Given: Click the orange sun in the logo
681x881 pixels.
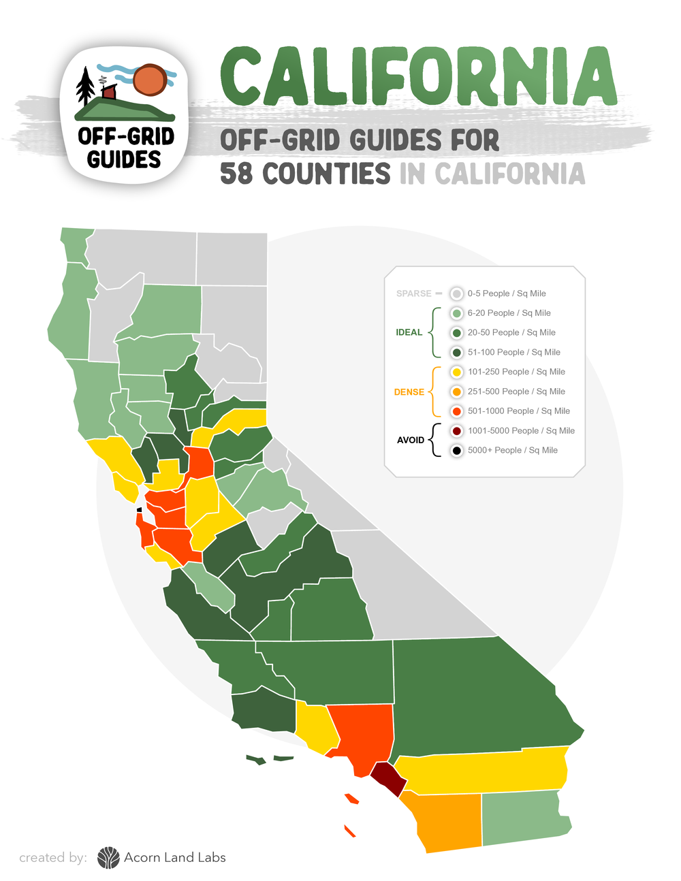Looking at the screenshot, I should [x=150, y=80].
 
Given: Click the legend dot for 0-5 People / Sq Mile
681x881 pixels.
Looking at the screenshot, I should [x=457, y=293].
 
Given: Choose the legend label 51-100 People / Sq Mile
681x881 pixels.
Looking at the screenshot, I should [x=513, y=352].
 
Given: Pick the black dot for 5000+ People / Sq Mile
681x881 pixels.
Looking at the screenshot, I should [x=457, y=450].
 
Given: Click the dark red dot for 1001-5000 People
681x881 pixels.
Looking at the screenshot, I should [x=457, y=431].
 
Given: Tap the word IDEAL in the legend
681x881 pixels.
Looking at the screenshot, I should [x=409, y=332].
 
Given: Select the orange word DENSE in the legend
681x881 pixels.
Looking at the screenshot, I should [x=409, y=392].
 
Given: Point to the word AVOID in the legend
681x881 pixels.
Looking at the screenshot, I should [x=411, y=440].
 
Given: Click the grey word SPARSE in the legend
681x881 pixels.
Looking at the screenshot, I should [x=414, y=293].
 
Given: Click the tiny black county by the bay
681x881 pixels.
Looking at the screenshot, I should [x=140, y=509].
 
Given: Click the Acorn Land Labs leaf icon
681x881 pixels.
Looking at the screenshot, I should [x=108, y=858].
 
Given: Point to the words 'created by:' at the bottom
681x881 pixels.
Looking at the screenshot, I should [x=53, y=858].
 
